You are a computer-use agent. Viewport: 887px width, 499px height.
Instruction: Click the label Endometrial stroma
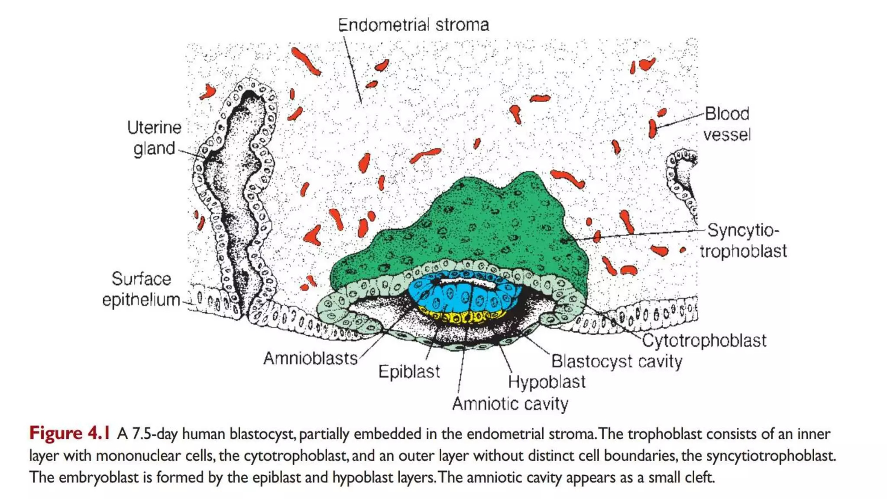pyautogui.click(x=413, y=25)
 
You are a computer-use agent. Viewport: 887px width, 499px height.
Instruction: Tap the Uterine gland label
pyautogui.click(x=154, y=138)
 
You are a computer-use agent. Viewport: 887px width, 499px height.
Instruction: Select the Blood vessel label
pyautogui.click(x=726, y=124)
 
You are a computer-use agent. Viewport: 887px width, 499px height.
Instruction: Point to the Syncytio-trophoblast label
pyautogui.click(x=743, y=241)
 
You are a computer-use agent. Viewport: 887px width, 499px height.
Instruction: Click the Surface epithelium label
pyautogui.click(x=141, y=289)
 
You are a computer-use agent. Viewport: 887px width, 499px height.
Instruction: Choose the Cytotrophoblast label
pyautogui.click(x=704, y=340)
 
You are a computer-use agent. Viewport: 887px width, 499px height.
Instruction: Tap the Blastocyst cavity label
pyautogui.click(x=616, y=361)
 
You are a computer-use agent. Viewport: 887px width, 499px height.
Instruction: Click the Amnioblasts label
pyautogui.click(x=311, y=359)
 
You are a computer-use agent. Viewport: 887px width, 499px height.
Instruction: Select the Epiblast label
pyautogui.click(x=409, y=372)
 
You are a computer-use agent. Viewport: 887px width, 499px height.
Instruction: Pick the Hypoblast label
pyautogui.click(x=547, y=382)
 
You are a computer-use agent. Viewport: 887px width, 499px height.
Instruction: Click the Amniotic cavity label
pyautogui.click(x=510, y=404)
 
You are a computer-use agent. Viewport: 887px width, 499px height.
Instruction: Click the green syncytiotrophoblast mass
pyautogui.click(x=476, y=221)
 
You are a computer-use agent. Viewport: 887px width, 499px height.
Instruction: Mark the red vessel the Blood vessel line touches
pyautogui.click(x=652, y=129)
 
